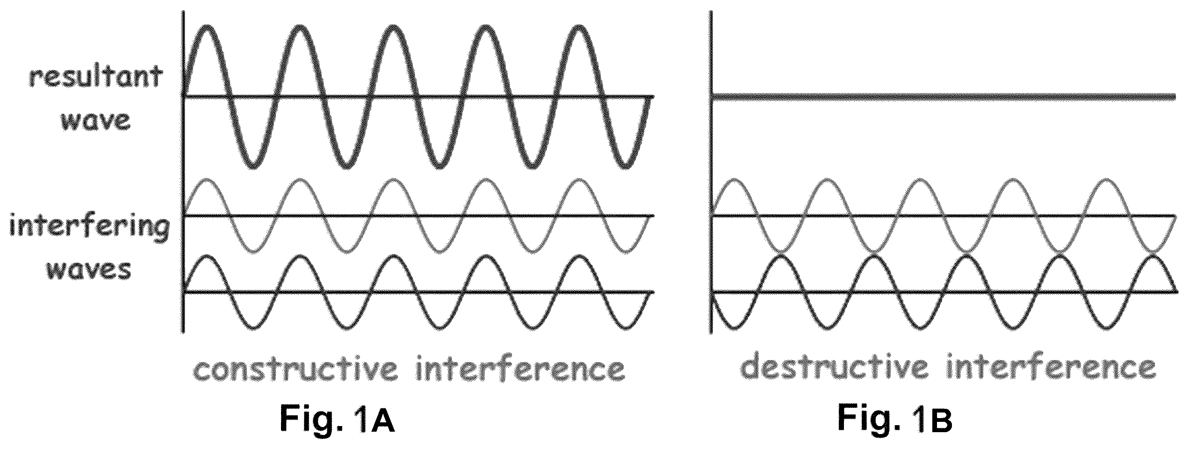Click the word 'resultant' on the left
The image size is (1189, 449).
96,79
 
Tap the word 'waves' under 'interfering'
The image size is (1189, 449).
89,270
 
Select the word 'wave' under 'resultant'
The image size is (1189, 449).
95,121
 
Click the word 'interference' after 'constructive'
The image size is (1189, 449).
520,370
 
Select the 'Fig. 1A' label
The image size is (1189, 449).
338,419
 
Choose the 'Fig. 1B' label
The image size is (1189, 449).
894,419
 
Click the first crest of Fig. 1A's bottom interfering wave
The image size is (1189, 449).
208,256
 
